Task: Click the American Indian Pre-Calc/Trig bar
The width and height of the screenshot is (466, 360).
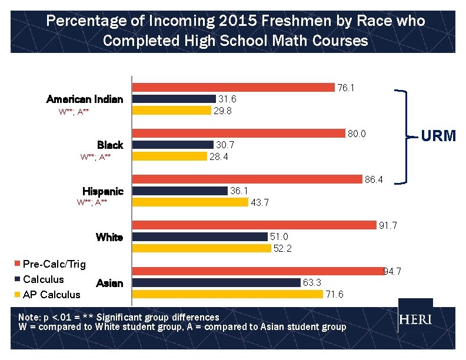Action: (233, 88)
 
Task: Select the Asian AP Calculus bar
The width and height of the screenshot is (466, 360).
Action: (227, 294)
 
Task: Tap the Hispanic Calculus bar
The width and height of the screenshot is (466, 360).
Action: (179, 191)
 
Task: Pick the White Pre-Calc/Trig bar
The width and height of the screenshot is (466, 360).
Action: (254, 225)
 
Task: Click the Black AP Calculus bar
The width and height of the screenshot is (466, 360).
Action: (169, 156)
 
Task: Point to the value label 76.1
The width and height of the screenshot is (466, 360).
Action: (346, 88)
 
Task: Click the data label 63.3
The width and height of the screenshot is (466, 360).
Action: (312, 283)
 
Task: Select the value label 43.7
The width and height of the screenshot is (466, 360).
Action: (260, 202)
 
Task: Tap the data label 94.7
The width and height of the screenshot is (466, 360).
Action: (392, 271)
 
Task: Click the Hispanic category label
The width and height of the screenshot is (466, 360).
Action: (103, 191)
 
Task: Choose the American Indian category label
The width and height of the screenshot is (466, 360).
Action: (85, 99)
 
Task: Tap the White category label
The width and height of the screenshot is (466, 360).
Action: (109, 237)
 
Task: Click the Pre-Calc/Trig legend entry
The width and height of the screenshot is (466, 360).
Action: (49, 264)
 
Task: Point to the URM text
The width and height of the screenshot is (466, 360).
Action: (439, 136)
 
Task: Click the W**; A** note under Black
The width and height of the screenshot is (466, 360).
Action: (95, 156)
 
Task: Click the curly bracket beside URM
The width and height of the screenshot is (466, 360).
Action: (406, 136)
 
